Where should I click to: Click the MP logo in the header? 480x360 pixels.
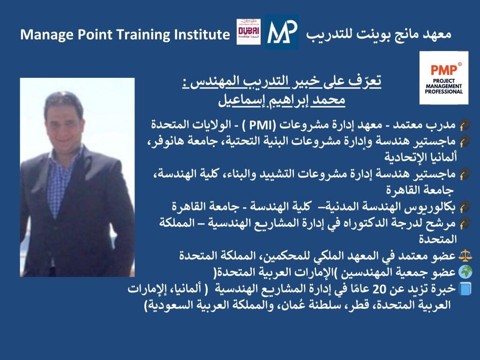tap(282, 32)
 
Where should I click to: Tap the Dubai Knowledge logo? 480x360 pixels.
tap(248, 32)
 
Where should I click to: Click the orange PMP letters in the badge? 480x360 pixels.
tap(444, 70)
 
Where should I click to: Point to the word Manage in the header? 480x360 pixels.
tap(47, 35)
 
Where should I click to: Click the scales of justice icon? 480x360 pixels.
tap(465, 255)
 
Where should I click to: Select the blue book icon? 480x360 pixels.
tap(465, 289)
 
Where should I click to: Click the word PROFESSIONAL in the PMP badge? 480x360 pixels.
tap(443, 91)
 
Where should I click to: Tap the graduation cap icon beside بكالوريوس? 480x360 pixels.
tap(465, 207)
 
